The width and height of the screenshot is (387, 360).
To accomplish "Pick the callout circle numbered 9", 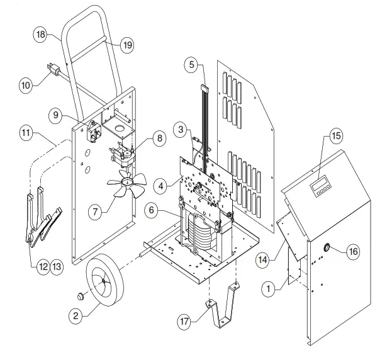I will [58, 115].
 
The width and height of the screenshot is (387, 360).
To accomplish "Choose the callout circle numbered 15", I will [335, 137].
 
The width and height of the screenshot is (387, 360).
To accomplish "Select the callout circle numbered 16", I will [353, 252].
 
